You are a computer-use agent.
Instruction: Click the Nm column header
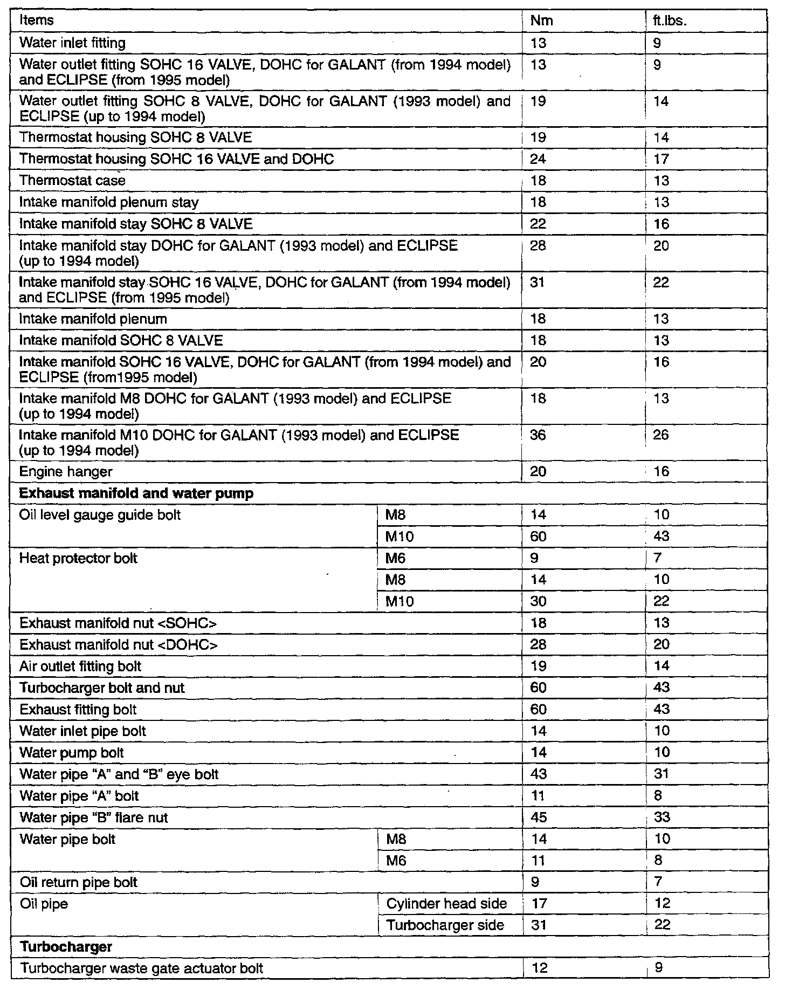[542, 21]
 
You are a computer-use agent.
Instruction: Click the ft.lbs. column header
[669, 21]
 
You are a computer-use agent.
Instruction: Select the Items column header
[37, 20]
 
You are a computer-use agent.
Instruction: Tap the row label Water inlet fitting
[72, 43]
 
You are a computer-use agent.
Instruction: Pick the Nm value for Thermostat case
[538, 181]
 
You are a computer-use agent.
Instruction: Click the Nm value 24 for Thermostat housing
[538, 159]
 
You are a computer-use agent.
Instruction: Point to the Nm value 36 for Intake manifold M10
[538, 435]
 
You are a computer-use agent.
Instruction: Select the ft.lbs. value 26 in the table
[661, 435]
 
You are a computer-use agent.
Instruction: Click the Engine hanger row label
[66, 472]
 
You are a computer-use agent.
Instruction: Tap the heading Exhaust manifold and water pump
[136, 493]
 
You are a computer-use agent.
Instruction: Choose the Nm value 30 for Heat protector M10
[538, 601]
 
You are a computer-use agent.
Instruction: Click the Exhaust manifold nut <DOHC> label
[119, 644]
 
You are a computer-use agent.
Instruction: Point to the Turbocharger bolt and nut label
[102, 688]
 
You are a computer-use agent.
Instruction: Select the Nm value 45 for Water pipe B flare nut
[539, 817]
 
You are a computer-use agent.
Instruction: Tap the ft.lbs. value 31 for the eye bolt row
[661, 774]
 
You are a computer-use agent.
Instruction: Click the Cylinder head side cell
[447, 904]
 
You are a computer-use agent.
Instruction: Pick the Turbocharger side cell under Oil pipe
[445, 925]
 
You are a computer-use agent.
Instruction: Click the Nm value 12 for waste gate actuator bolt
[539, 968]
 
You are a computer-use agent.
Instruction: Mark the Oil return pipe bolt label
[79, 882]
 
